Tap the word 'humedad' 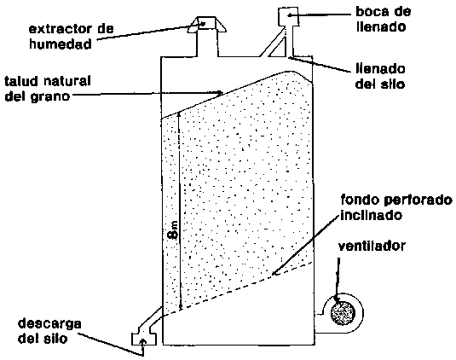coord(61,44)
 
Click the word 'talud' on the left coord(20,81)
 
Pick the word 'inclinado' coord(372,215)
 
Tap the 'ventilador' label coord(372,247)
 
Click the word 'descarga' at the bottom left coord(49,324)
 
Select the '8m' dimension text coord(174,230)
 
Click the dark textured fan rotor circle coord(343,313)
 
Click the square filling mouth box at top coord(288,16)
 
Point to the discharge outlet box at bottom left coord(144,339)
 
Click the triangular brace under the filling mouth coord(280,47)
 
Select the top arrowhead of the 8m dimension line coord(179,114)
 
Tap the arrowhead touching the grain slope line coord(220,93)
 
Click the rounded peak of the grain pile coord(289,72)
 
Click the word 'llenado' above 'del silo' coord(380,69)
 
